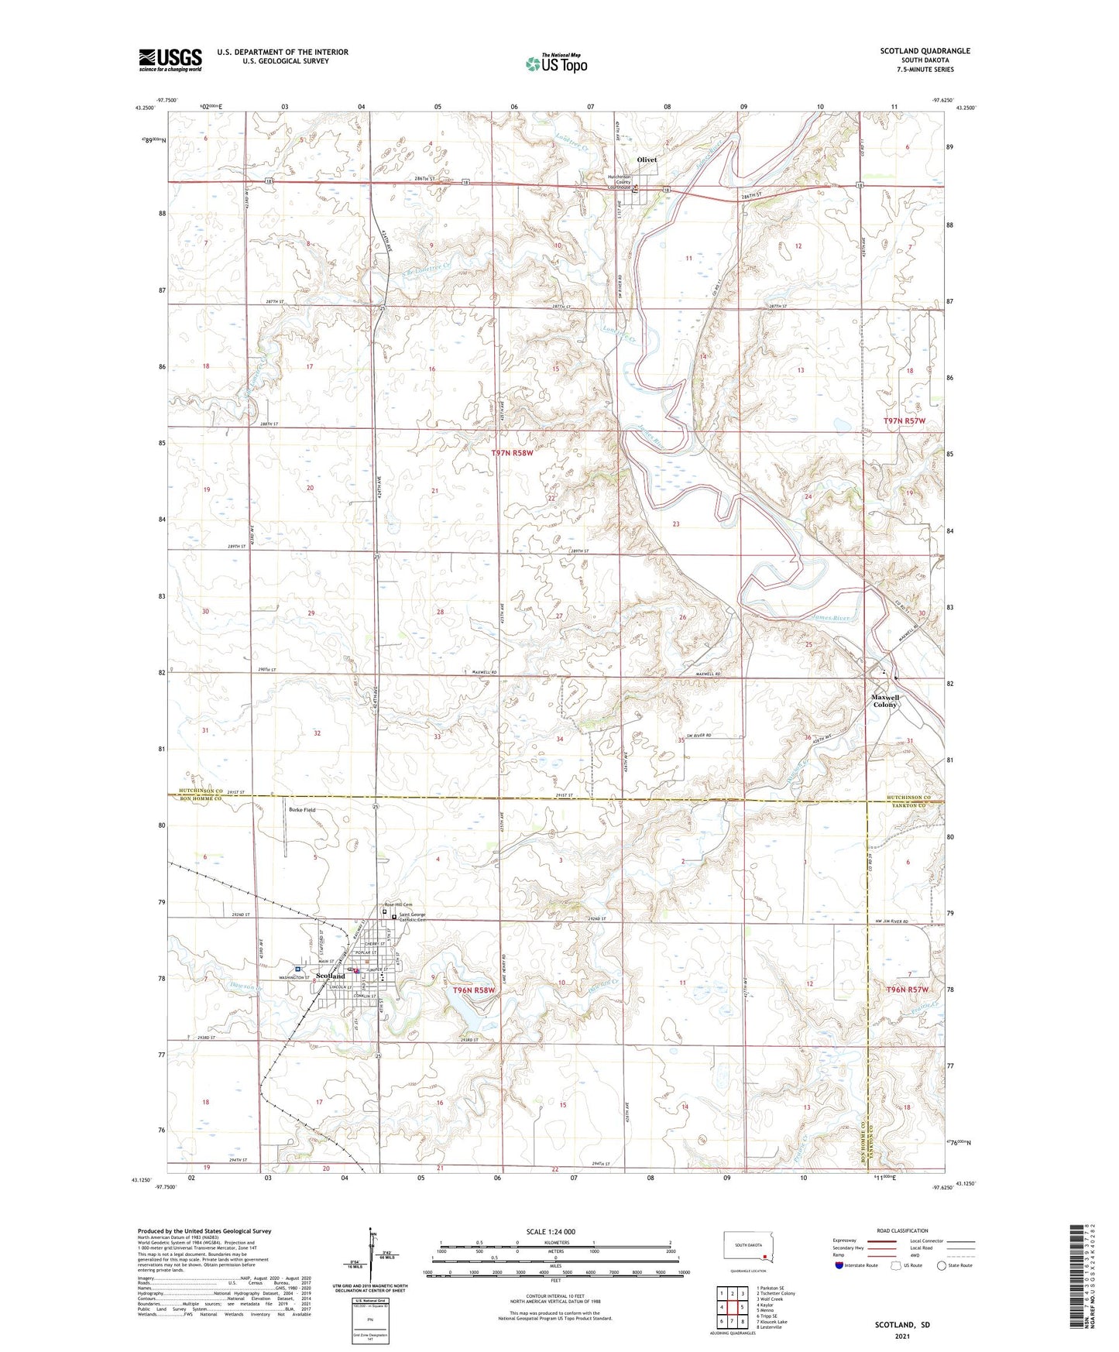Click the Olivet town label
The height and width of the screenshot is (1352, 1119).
647,160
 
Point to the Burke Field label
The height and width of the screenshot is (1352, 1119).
302,810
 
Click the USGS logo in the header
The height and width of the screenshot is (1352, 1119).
170,60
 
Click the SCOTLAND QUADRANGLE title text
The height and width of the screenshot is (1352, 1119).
925,51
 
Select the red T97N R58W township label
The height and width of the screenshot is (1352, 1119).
513,452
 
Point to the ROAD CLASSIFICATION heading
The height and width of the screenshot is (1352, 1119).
902,1230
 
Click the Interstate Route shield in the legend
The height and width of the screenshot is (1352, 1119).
839,1264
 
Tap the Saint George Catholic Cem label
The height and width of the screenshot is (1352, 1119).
411,918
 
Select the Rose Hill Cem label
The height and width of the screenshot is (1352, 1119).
399,905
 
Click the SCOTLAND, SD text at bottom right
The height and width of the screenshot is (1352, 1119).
902,1325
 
